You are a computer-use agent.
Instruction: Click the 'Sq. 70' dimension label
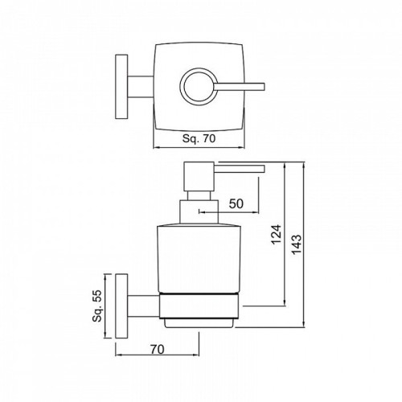[199, 138]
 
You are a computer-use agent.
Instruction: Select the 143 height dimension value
[297, 244]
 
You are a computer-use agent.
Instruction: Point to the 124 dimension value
[277, 235]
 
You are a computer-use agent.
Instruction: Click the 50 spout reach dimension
[236, 203]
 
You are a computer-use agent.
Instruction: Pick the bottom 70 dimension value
[157, 349]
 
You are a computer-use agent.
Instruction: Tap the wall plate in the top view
[121, 87]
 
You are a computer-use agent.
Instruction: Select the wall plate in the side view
[121, 306]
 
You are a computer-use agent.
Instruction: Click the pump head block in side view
[199, 176]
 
